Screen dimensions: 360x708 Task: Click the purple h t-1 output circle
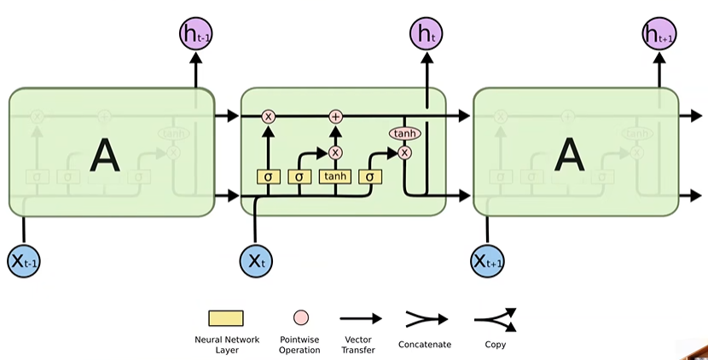click(x=195, y=35)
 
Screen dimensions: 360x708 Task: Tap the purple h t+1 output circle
click(x=659, y=35)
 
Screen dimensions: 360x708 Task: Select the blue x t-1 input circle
click(x=23, y=261)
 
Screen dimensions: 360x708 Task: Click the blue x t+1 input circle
click(x=488, y=261)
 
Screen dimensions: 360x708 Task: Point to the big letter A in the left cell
click(x=105, y=155)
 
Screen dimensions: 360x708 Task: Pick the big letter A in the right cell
click(x=569, y=155)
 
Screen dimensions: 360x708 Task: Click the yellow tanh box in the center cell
click(x=335, y=177)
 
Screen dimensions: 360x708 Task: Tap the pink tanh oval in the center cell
click(x=404, y=134)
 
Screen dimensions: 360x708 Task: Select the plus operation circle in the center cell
click(x=335, y=116)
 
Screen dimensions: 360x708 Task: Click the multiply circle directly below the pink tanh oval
click(x=404, y=153)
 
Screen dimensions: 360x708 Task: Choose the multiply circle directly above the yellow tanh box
click(x=335, y=153)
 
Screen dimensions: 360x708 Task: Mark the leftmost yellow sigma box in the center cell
click(x=269, y=177)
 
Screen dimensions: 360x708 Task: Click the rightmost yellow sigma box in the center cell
click(x=370, y=177)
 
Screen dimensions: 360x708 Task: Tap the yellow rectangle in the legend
click(x=226, y=318)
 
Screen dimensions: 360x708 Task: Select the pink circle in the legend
click(x=300, y=318)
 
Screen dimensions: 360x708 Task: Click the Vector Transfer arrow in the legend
click(x=362, y=318)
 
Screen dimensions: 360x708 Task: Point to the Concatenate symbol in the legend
click(x=426, y=319)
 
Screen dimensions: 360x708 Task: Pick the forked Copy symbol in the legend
click(x=496, y=319)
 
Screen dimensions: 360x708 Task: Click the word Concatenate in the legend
click(x=426, y=345)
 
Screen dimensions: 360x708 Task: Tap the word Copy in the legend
click(x=496, y=345)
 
